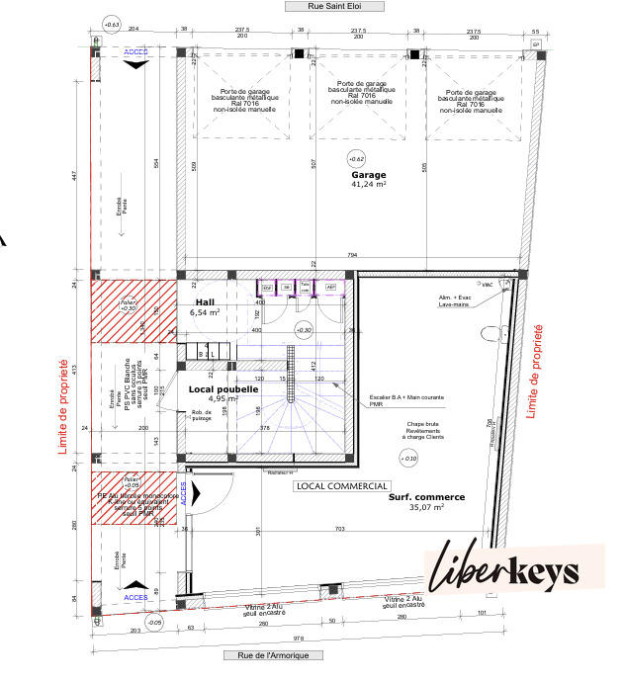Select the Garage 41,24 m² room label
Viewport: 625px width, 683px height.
pos(368,179)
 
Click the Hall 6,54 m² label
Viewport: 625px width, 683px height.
pos(205,306)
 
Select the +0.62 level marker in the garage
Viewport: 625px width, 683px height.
pos(356,158)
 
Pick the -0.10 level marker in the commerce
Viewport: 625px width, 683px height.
pos(407,458)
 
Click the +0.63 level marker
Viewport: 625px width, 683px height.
pos(111,23)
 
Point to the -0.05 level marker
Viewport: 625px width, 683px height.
pos(154,622)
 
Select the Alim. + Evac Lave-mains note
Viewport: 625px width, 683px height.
pos(454,300)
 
